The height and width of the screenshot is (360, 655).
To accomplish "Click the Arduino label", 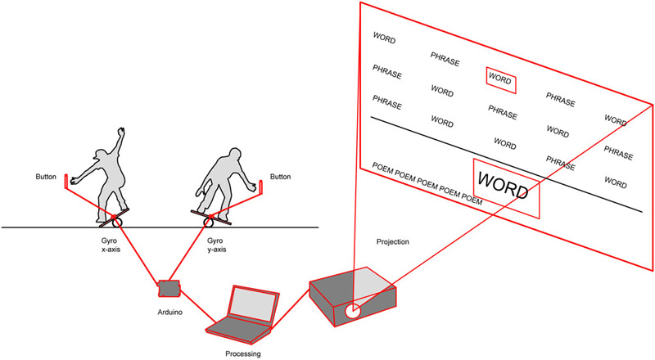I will tap(169, 313).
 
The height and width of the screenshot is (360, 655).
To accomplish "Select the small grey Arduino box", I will tap(169, 288).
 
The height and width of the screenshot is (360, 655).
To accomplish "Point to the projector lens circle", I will tap(353, 312).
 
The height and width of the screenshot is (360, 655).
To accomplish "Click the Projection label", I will tap(393, 242).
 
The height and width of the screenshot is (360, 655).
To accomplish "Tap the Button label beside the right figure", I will tap(280, 176).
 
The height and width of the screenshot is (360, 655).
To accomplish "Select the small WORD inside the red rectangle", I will tap(499, 79).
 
